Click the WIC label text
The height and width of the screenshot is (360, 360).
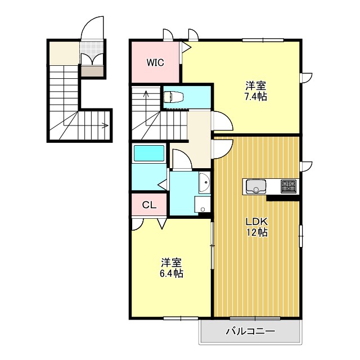tap(155, 62)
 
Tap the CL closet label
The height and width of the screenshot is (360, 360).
tap(149, 205)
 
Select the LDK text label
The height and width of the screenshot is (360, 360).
tap(256, 221)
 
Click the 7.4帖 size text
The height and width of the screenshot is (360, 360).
tap(256, 96)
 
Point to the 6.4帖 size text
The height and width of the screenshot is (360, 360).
tap(172, 273)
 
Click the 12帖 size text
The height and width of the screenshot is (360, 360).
tap(256, 232)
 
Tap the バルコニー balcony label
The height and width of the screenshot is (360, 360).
tap(250, 331)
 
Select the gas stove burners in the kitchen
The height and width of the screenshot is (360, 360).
tap(289, 186)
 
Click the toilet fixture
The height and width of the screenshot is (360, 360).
tap(174, 96)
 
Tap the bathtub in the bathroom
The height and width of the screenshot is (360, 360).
tap(148, 153)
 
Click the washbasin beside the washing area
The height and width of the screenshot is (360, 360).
tap(204, 183)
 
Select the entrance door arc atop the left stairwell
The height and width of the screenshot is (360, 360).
tap(93, 27)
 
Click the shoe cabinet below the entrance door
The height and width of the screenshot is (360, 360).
tap(92, 71)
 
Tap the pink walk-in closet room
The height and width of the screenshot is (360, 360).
tap(155, 62)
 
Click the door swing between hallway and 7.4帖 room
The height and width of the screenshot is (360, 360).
tap(222, 121)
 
